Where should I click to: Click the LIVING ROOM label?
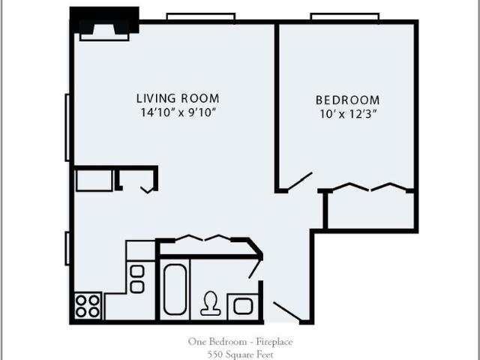pos(178,98)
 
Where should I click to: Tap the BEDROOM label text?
pos(348,100)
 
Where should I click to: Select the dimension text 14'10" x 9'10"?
pos(178,112)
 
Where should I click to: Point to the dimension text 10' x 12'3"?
pos(348,114)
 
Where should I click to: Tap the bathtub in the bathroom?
pos(175,289)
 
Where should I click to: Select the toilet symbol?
pos(211,303)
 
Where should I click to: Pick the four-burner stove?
pos(88,306)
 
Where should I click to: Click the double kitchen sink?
pos(137,279)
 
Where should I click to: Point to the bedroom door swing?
pos(300,181)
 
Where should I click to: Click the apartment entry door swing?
pos(287,311)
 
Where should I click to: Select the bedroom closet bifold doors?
pos(370,187)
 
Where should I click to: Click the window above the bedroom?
pos(345,16)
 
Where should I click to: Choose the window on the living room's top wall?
pos(201,16)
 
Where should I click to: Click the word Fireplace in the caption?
pos(274,341)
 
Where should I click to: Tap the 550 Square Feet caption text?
pos(240,355)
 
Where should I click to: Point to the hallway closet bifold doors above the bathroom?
pos(202,238)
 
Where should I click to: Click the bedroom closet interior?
pos(370,210)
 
